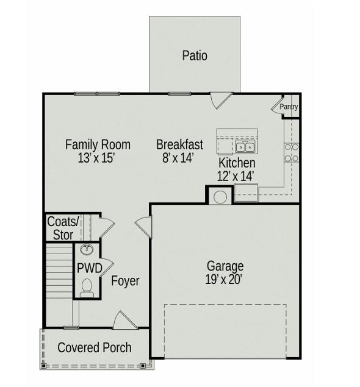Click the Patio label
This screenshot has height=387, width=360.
195,55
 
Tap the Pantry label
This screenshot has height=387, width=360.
289,107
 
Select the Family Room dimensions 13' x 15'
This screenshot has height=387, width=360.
96,158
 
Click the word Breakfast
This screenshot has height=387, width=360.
179,144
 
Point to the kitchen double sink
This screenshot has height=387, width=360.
245,147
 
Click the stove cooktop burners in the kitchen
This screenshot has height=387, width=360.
292,152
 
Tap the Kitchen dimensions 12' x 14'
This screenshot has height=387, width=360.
236,176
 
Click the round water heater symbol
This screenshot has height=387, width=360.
220,197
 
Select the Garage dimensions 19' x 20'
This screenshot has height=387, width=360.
223,280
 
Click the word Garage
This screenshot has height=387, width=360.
225,266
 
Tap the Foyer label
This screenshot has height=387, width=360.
125,281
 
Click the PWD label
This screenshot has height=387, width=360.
90,268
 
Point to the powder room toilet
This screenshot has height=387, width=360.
87,288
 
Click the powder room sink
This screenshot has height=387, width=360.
87,249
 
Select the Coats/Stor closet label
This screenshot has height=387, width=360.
63,228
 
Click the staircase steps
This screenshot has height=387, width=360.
59,271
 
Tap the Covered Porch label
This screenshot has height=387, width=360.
95,347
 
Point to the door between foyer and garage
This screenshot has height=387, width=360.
143,227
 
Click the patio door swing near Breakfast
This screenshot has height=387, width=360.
221,101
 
